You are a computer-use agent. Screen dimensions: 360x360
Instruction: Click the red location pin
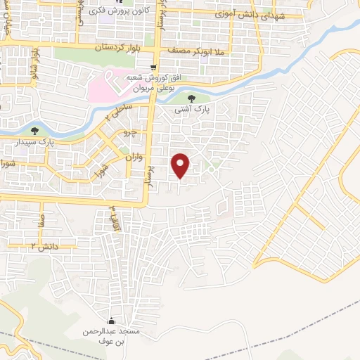click(181, 165)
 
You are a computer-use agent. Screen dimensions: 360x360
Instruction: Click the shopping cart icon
click(153, 67)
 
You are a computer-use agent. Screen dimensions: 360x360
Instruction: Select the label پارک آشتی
click(192, 110)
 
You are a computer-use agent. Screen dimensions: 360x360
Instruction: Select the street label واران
click(134, 158)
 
